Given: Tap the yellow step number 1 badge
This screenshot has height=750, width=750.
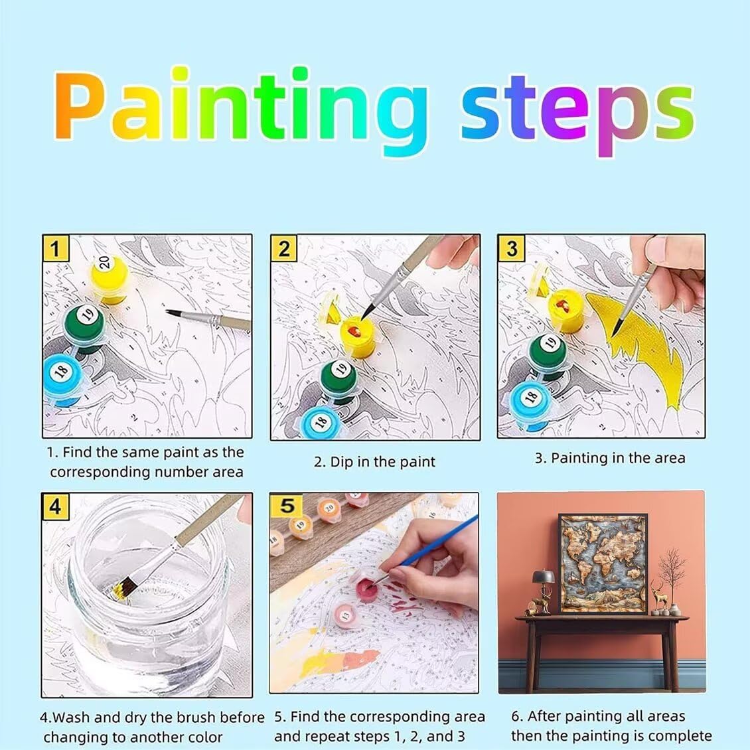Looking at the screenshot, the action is coord(56,248).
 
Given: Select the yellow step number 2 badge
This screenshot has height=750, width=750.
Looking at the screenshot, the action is coord(283,248).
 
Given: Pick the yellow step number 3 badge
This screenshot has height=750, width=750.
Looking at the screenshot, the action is coord(511,248).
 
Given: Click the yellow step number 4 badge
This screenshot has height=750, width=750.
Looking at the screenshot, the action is coord(56,506).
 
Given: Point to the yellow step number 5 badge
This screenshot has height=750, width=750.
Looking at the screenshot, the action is coord(287,506).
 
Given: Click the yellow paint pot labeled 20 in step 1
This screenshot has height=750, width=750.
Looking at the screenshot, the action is coord(110,279).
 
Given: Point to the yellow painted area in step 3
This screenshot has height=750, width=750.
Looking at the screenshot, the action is coord(636,344).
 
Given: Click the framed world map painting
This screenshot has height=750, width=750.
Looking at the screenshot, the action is coord(603,563).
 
